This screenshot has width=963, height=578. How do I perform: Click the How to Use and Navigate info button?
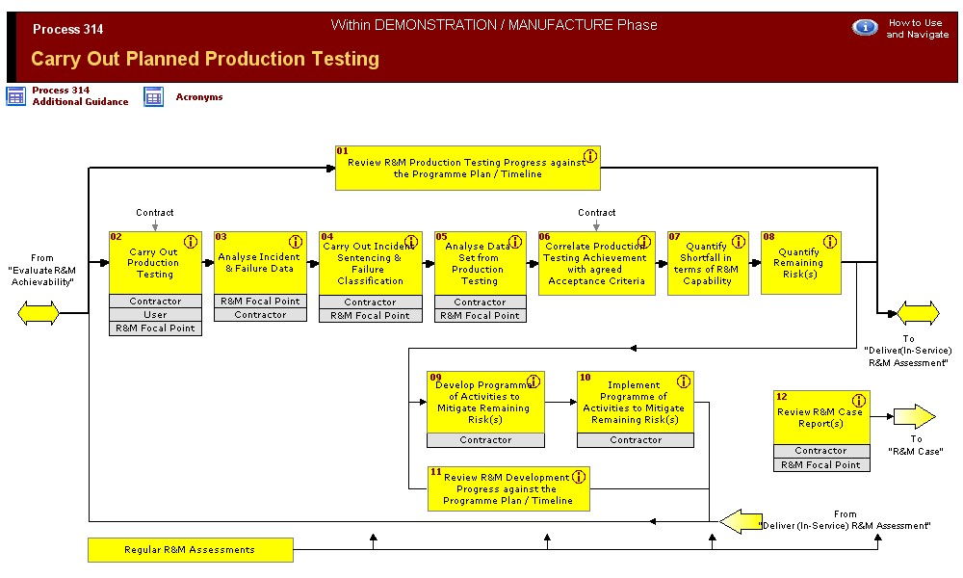pos(865,27)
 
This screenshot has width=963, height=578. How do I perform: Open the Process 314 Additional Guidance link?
pos(79,95)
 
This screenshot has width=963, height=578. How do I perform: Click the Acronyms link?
pos(198,96)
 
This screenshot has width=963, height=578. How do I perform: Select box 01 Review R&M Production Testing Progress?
pos(467,169)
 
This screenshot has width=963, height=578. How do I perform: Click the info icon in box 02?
pos(190,242)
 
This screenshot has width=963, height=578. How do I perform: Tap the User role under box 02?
pos(155,314)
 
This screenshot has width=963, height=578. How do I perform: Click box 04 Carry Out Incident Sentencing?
pos(370,263)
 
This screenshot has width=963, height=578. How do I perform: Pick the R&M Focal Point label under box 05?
pos(480,315)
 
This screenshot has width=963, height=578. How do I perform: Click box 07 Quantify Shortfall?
pos(707,263)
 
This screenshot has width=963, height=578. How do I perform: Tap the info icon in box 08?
pos(829,242)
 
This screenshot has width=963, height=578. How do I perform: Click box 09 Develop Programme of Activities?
pos(484,402)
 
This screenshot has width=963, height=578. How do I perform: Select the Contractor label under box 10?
pos(636,440)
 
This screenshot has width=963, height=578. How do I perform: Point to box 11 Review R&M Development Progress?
pos(508,488)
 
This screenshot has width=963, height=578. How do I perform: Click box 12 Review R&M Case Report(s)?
pos(820,417)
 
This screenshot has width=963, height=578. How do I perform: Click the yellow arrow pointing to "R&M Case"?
pos(913,416)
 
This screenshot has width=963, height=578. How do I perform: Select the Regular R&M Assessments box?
pos(190,550)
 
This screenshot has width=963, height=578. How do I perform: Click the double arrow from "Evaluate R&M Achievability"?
pos(39,313)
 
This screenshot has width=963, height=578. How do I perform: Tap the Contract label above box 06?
pos(596,212)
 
